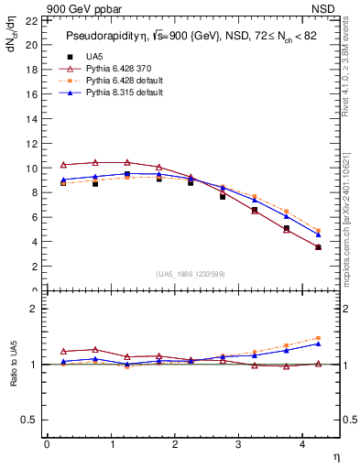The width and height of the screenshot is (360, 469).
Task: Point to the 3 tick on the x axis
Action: pyautogui.click(x=237, y=446)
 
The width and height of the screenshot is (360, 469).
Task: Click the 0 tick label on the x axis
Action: pyautogui.click(x=47, y=446)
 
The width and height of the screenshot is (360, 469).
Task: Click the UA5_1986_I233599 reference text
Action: pyautogui.click(x=191, y=274)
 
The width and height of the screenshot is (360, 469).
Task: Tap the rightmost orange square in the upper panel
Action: pyautogui.click(x=318, y=231)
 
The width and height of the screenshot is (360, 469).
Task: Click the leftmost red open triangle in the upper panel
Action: pyautogui.click(x=63, y=165)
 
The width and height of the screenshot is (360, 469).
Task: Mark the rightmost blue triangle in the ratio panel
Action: pyautogui.click(x=318, y=344)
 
